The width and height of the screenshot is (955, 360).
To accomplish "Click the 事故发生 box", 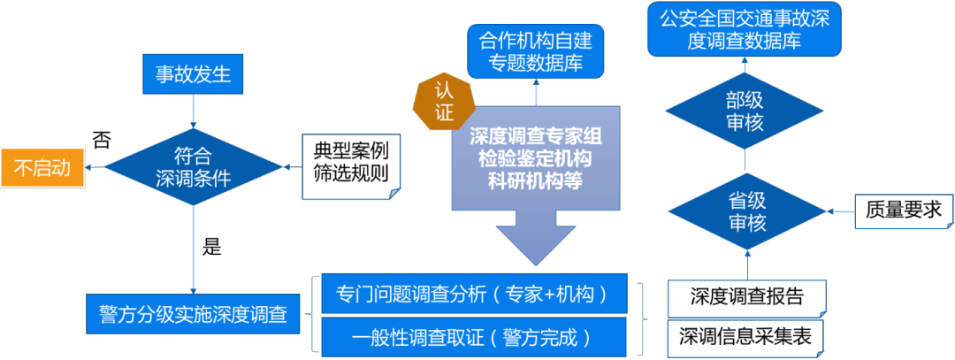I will click(x=193, y=74).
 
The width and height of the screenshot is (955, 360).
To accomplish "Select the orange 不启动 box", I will click(x=42, y=166).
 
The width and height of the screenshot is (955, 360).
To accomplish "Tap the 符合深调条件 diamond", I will click(x=193, y=166).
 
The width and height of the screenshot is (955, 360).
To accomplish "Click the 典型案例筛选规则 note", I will click(x=351, y=161).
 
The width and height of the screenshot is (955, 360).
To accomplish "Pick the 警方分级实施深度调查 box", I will click(x=193, y=314).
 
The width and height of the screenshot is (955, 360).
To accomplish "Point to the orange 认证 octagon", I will click(x=444, y=101).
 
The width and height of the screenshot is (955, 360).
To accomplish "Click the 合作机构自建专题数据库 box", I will click(x=535, y=51).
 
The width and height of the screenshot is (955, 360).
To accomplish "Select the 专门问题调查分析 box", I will click(x=474, y=295).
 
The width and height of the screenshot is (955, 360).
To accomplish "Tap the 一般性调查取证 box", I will click(x=474, y=337).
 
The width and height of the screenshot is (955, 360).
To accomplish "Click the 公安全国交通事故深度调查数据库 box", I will click(x=744, y=29).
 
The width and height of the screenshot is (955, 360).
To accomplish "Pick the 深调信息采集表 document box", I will click(x=747, y=337).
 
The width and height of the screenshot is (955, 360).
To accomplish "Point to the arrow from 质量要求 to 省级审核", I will click(x=840, y=211).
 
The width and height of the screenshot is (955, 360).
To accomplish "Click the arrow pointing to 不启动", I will click(x=95, y=166).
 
